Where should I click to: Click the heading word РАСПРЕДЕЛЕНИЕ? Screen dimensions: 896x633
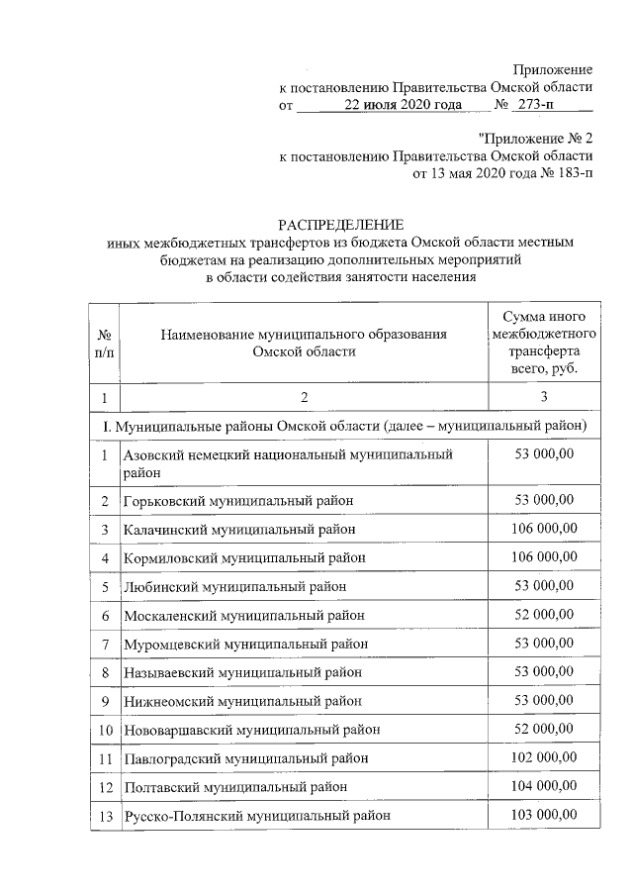click(x=340, y=225)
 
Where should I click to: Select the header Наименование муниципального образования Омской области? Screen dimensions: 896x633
click(x=304, y=344)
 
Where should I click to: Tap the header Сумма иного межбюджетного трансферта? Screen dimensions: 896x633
click(x=541, y=343)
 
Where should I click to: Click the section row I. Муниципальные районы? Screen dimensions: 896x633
click(x=351, y=426)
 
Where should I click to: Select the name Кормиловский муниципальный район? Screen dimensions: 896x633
click(x=244, y=557)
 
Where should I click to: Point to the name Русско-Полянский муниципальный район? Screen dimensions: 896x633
click(x=256, y=816)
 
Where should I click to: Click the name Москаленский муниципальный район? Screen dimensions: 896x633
click(x=243, y=615)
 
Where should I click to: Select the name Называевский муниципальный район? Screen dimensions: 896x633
click(x=242, y=672)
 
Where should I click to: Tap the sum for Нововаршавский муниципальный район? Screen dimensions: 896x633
click(x=543, y=729)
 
